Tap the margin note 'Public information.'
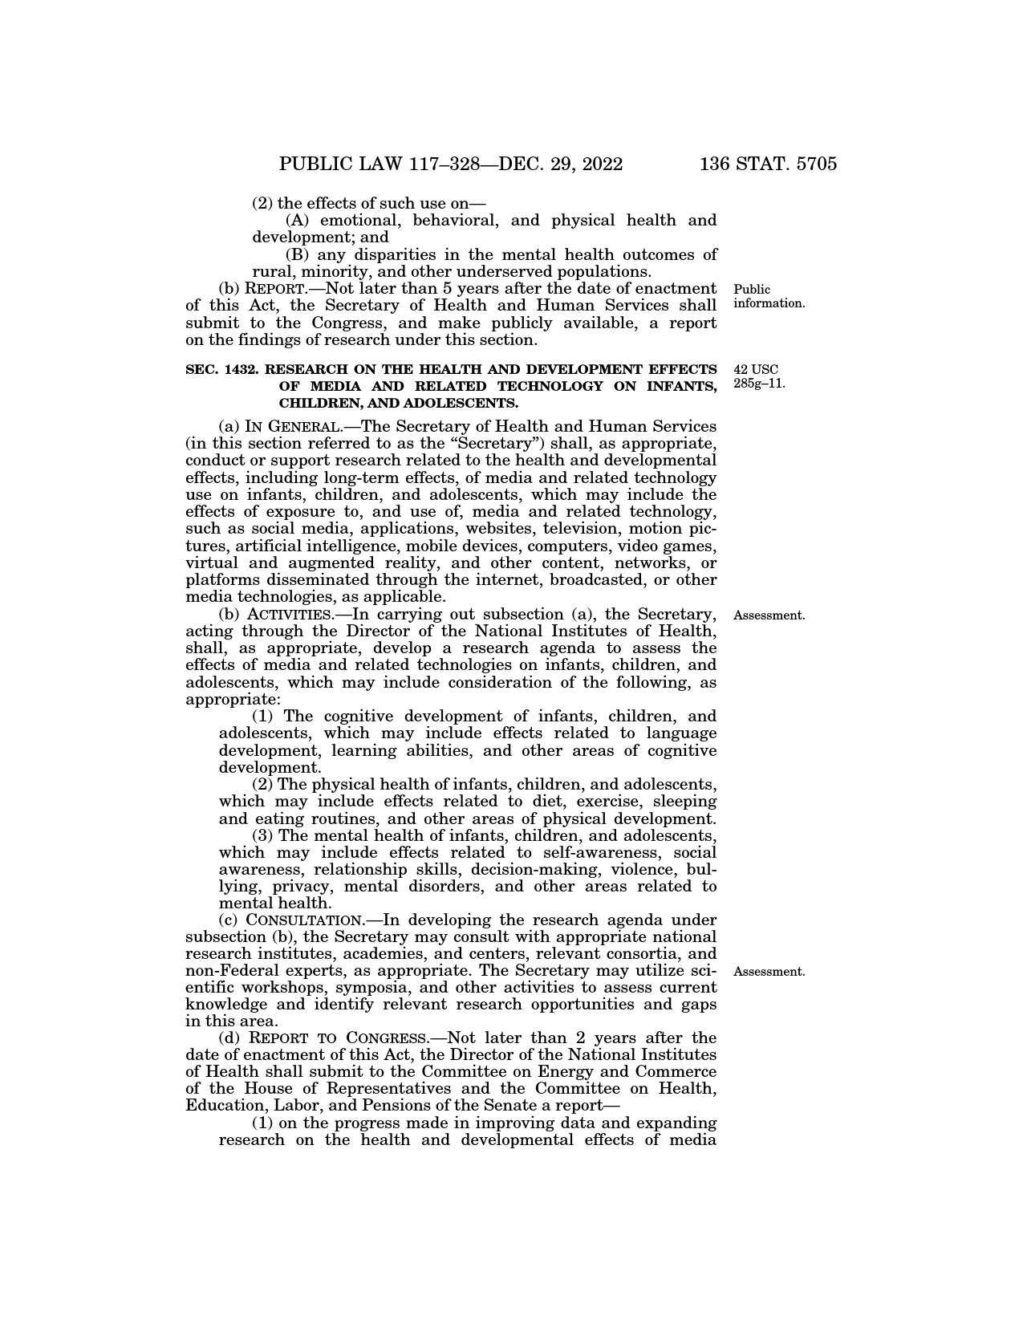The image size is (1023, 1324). pyautogui.click(x=768, y=296)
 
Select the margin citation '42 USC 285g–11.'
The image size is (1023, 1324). pyautogui.click(x=759, y=376)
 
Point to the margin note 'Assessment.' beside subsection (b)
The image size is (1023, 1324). pyautogui.click(x=769, y=615)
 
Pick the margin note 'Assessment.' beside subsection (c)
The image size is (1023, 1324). pyautogui.click(x=769, y=972)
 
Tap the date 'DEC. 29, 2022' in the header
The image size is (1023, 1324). pyautogui.click(x=562, y=164)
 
